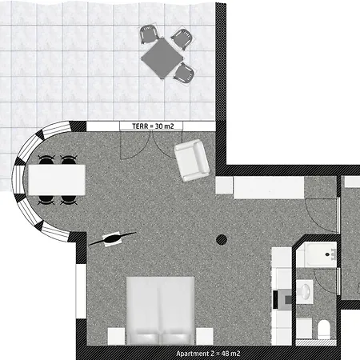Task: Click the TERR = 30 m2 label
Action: [153, 126]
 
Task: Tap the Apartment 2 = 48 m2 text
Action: [208, 354]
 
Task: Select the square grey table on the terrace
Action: [162, 58]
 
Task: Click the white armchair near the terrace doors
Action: [192, 160]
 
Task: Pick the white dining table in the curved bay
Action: [57, 180]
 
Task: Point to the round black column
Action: [222, 240]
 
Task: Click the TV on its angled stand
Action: [113, 238]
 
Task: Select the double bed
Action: [161, 310]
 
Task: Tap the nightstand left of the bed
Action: [116, 336]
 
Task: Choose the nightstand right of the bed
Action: [205, 336]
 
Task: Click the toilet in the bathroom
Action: [324, 330]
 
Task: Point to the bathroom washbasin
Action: [305, 291]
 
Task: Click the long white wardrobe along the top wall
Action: [269, 187]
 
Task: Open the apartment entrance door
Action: [322, 215]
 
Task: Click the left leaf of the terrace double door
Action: [135, 145]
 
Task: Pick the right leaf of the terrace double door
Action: [167, 145]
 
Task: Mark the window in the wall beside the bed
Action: [81, 290]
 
